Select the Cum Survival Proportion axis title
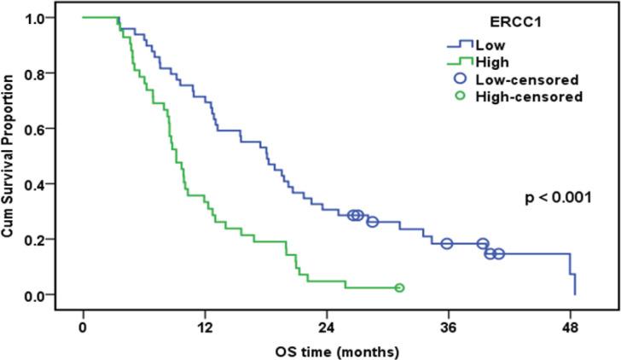point(12,156)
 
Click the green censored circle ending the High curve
point(399,288)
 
